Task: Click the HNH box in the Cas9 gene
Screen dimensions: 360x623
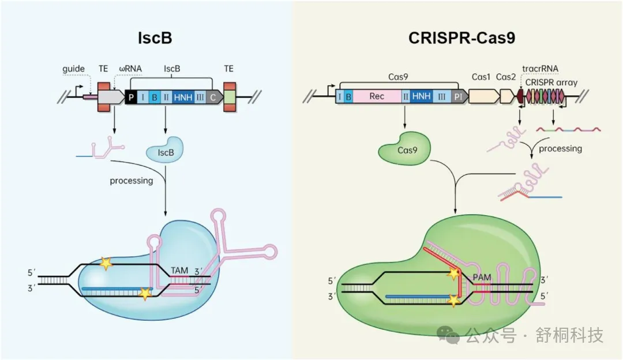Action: pyautogui.click(x=421, y=96)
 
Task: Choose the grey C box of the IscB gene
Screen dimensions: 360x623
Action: pyautogui.click(x=213, y=97)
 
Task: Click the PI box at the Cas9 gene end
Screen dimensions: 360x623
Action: pyautogui.click(x=458, y=96)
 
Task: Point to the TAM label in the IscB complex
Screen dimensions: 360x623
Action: pyautogui.click(x=179, y=270)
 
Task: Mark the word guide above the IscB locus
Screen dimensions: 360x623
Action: pyautogui.click(x=74, y=69)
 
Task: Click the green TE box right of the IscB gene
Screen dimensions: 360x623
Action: pyautogui.click(x=229, y=97)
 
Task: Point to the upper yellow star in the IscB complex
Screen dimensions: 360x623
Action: pyautogui.click(x=105, y=264)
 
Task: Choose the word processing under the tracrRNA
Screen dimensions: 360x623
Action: pyautogui.click(x=560, y=148)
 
